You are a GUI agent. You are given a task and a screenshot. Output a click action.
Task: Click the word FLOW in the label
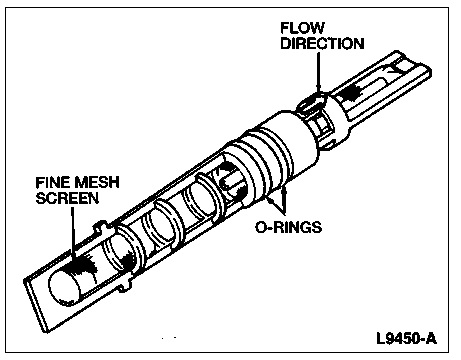(x=302, y=28)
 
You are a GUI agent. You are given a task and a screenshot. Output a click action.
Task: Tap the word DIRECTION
(x=322, y=44)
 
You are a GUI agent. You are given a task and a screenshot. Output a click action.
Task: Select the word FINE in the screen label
(x=53, y=182)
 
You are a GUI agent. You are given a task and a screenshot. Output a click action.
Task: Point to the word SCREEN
(x=67, y=198)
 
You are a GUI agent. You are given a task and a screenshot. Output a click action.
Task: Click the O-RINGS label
(x=289, y=227)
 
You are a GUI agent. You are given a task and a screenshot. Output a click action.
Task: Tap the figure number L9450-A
(x=406, y=338)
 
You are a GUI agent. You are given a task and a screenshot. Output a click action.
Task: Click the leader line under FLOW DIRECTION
(x=318, y=73)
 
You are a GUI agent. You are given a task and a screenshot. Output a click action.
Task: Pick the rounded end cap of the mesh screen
(x=64, y=288)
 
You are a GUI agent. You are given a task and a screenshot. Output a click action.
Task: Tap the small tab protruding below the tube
(x=125, y=286)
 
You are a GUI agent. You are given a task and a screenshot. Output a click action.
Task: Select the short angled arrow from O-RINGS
(x=275, y=206)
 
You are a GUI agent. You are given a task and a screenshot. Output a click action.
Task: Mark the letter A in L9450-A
(x=430, y=338)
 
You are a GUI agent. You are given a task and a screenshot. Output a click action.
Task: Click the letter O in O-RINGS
(x=261, y=227)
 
